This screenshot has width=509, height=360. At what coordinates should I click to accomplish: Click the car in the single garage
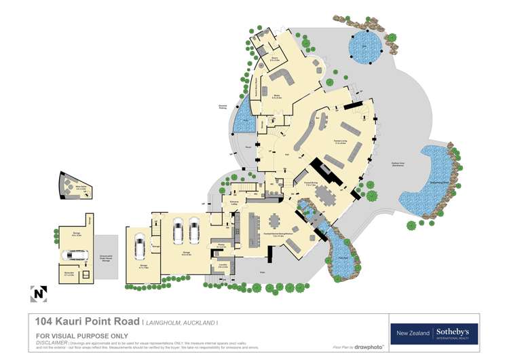[x=140, y=249]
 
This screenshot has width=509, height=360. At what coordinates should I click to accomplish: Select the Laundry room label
[x=223, y=266]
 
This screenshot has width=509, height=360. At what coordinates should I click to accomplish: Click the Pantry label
[x=222, y=245]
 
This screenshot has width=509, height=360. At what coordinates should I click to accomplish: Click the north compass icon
[x=38, y=293]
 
